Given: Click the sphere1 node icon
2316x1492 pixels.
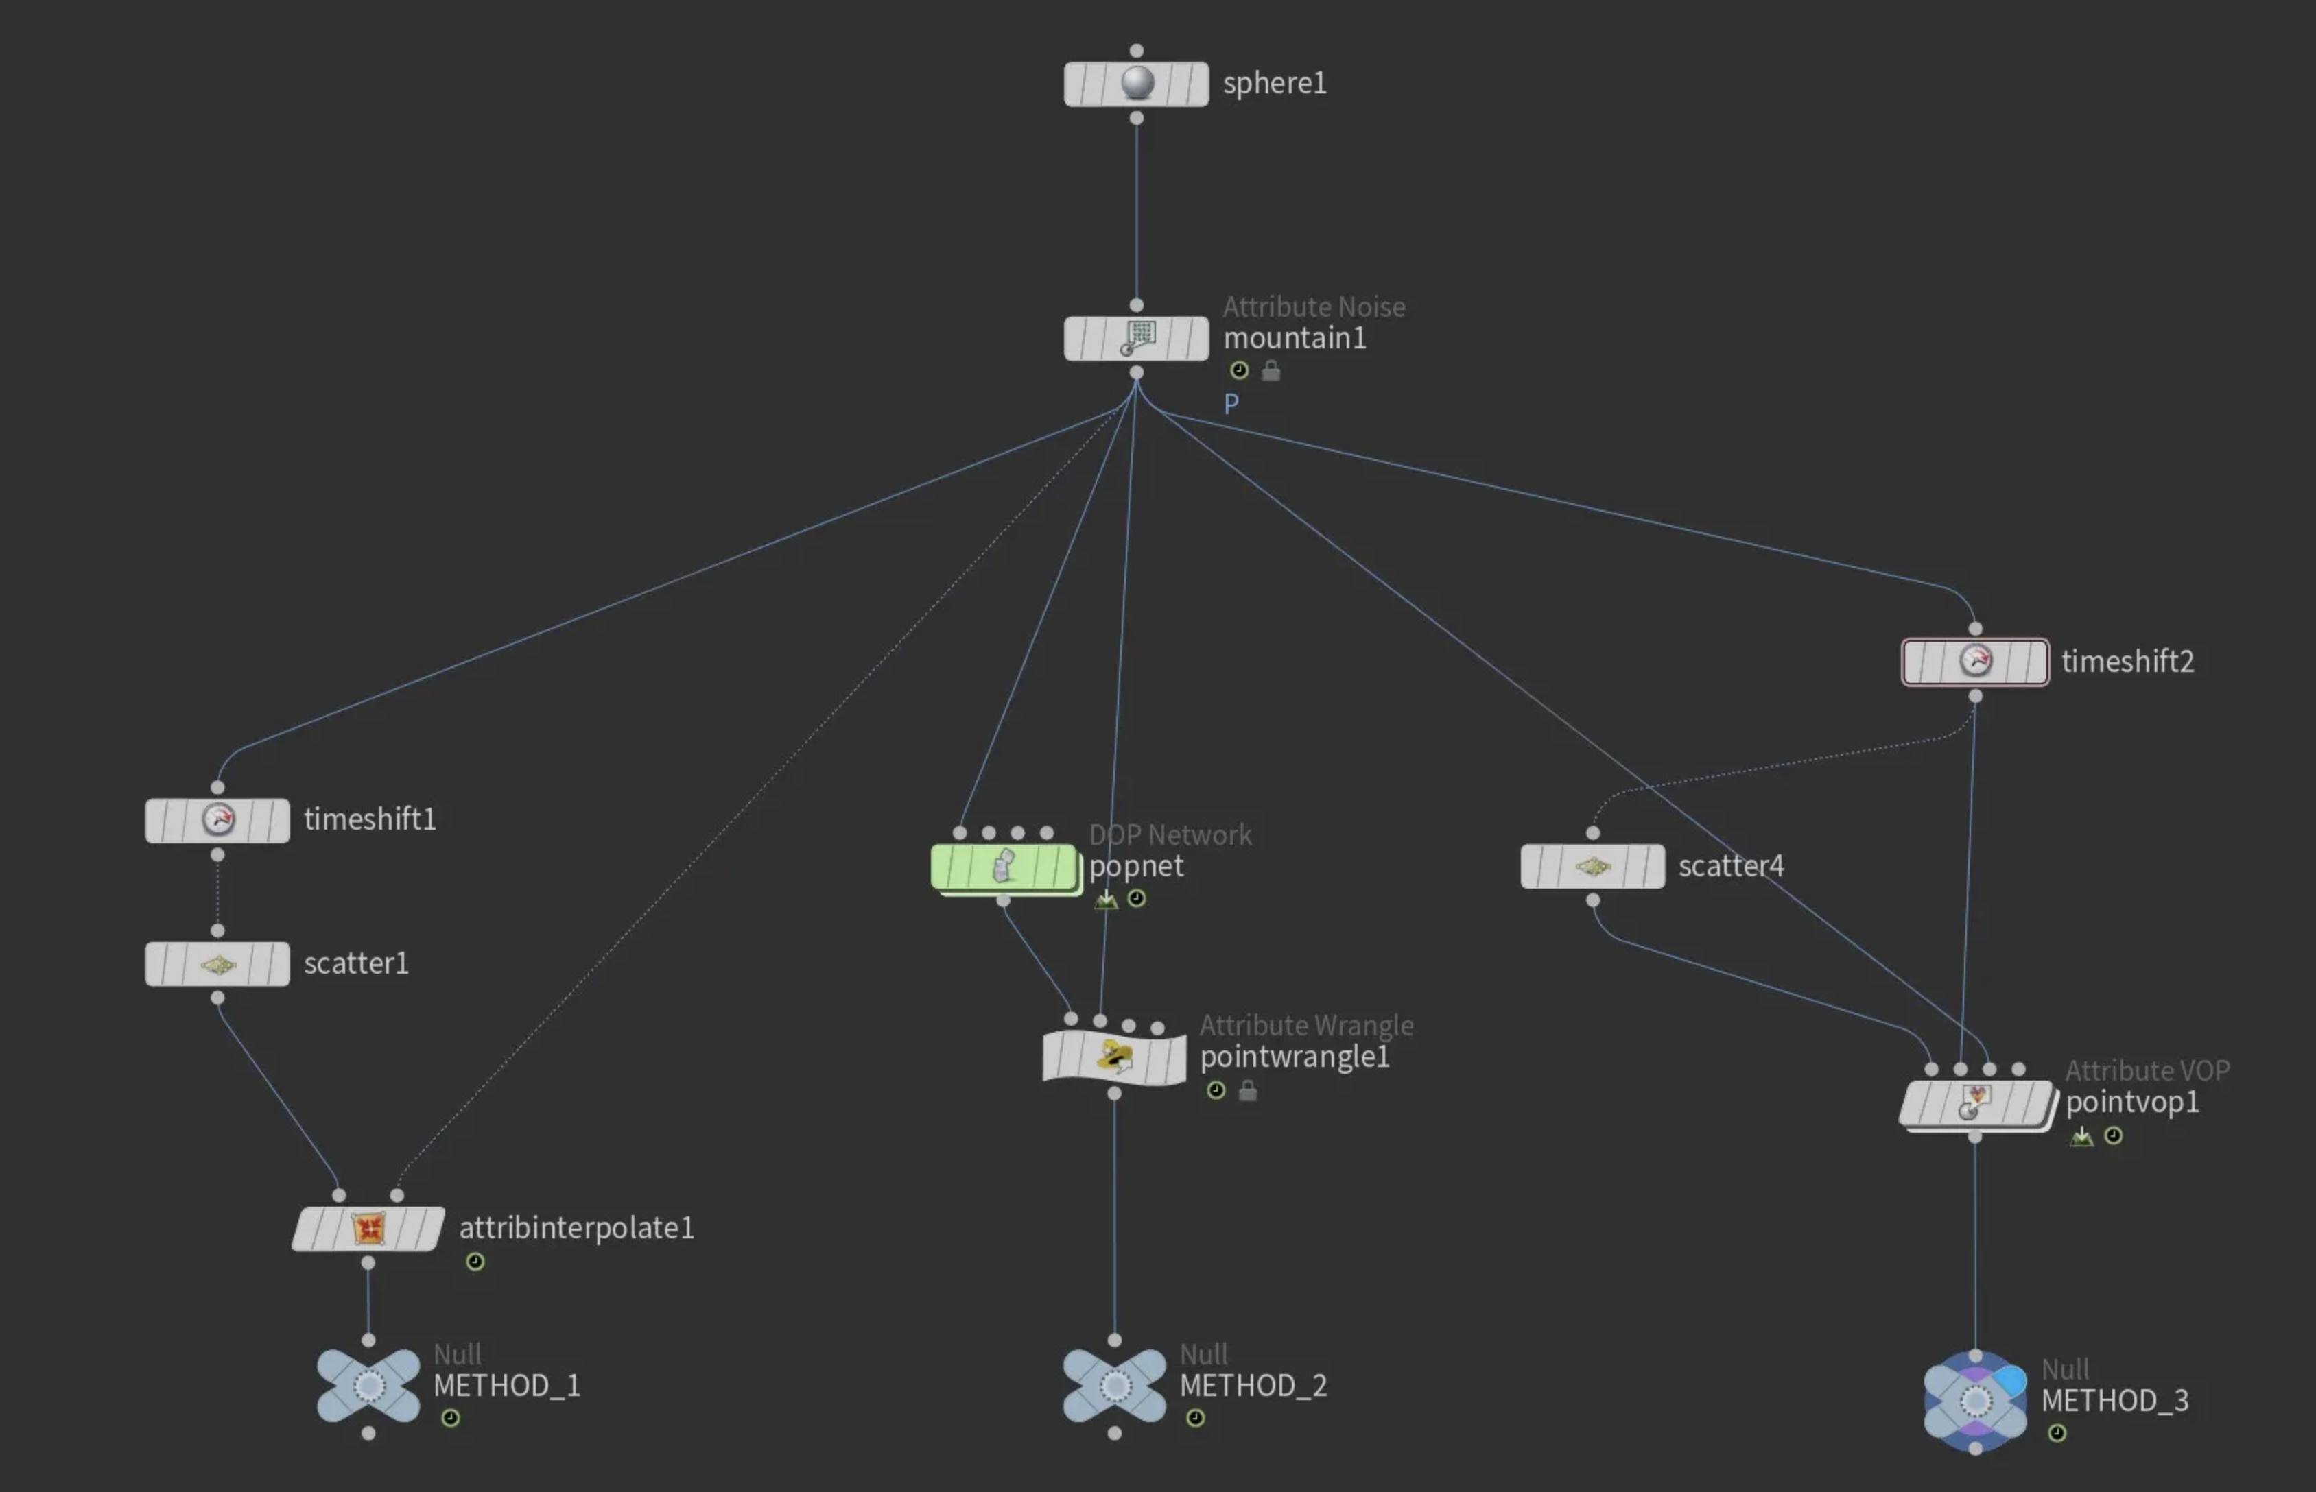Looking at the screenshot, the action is point(1137,84).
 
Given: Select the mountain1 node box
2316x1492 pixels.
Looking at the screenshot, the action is point(1137,338).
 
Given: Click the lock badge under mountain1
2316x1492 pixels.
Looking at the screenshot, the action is point(1271,370).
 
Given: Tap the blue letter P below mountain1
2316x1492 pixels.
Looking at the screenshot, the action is point(1231,404).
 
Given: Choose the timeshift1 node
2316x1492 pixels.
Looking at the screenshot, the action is point(217,819).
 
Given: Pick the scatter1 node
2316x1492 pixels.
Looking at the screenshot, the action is point(217,964).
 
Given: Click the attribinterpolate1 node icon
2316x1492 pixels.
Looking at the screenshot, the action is point(368,1229).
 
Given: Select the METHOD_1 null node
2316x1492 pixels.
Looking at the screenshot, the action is point(368,1386).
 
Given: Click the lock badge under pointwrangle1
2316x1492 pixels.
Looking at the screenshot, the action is point(1248,1091).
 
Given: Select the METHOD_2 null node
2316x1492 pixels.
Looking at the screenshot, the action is point(1114,1386).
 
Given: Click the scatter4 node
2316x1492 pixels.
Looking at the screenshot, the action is point(1593,866).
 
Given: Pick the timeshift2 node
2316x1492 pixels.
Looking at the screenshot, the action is point(1975,662).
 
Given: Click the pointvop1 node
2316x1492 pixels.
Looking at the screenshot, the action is point(1976,1103).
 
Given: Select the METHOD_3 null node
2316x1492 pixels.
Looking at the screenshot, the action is point(1975,1401).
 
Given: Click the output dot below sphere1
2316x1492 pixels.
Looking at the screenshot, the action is point(1137,118).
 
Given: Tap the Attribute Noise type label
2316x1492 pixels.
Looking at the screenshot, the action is point(1314,307).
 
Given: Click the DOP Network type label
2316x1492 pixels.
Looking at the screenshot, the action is point(1170,835).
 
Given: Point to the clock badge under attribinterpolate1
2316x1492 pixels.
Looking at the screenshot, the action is point(475,1262).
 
